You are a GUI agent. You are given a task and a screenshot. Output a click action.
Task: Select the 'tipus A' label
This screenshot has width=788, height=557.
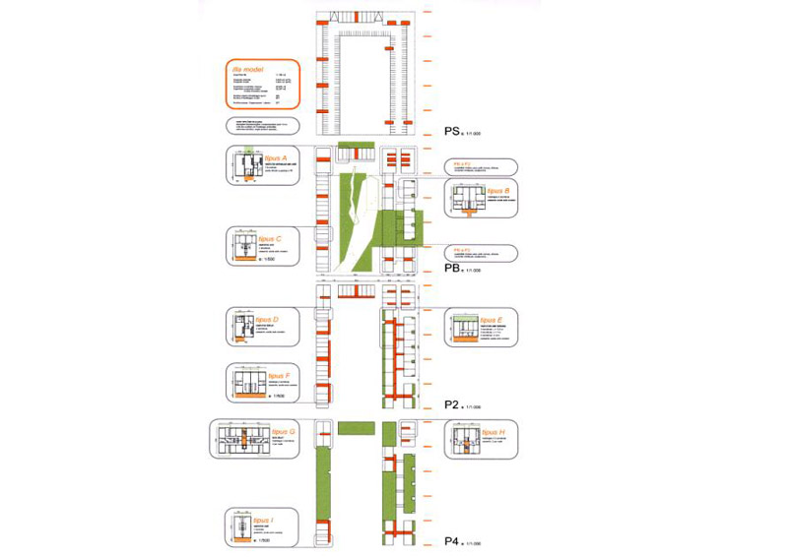tap(275, 157)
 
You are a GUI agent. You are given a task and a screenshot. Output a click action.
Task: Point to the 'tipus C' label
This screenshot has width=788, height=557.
tap(271, 239)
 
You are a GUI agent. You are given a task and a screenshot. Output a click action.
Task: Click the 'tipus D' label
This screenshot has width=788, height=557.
tap(267, 320)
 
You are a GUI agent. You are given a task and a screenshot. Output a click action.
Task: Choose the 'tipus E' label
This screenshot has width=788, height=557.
tap(492, 321)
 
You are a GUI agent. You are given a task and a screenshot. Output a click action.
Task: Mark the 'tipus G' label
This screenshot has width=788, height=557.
tap(285, 431)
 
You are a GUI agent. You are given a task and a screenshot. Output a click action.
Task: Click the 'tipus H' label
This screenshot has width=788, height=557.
tap(493, 432)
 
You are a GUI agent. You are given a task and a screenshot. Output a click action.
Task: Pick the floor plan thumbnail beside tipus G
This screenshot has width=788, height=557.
tap(241, 439)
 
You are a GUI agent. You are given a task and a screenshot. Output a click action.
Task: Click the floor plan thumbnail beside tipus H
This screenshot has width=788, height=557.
tap(468, 440)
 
